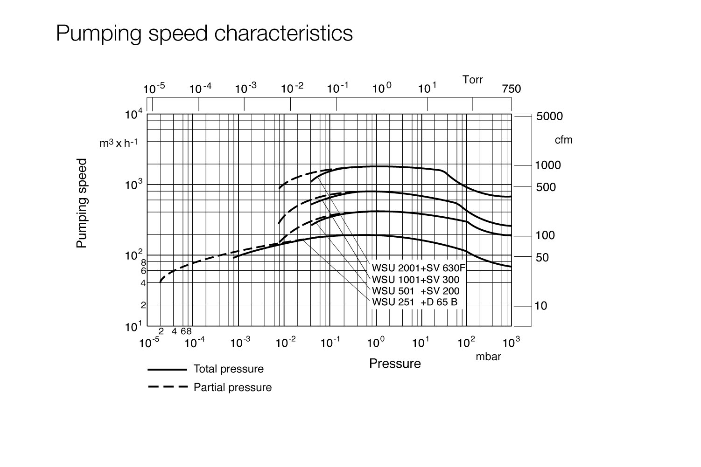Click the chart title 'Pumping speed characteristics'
click(x=204, y=34)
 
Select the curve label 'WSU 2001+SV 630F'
click(x=419, y=268)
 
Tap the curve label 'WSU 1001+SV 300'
click(x=415, y=280)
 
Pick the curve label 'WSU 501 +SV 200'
click(x=415, y=291)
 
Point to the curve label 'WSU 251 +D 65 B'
click(x=414, y=302)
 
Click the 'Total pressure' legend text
click(x=228, y=369)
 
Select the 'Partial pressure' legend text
click(x=232, y=387)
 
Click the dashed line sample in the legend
click(x=167, y=387)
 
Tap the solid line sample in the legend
click(x=167, y=370)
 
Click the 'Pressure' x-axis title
click(x=395, y=364)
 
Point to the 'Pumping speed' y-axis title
click(x=82, y=204)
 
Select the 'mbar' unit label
click(x=488, y=357)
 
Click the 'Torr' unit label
click(x=473, y=80)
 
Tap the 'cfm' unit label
click(x=563, y=140)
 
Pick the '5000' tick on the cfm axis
click(x=549, y=116)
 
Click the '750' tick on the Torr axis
click(x=511, y=89)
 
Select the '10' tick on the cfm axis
click(x=541, y=306)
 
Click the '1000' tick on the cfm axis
click(x=548, y=165)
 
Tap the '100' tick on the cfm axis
click(x=545, y=235)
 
